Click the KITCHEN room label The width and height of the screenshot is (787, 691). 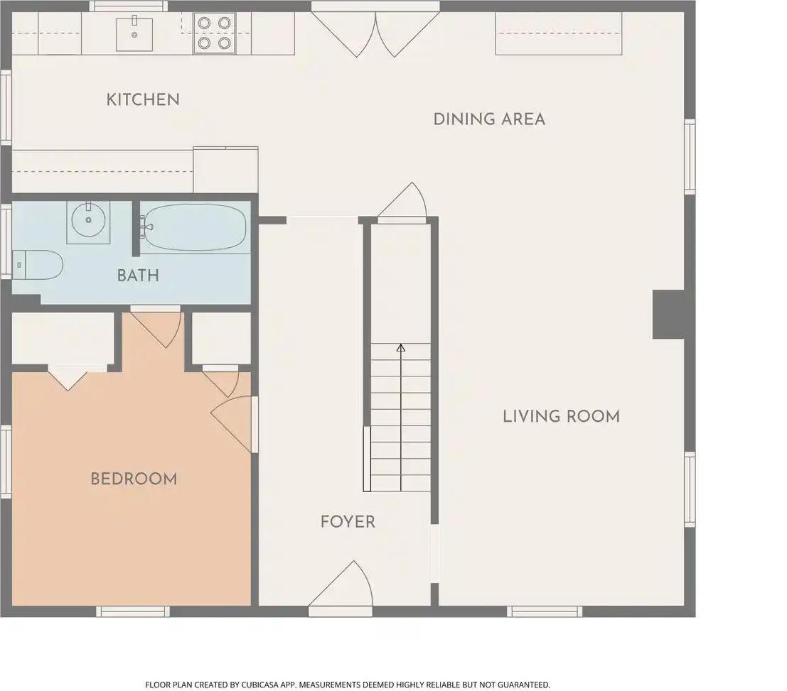click(143, 100)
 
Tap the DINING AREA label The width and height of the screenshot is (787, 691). click(489, 119)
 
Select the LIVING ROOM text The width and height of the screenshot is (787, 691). click(561, 416)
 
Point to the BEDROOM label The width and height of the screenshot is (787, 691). click(134, 479)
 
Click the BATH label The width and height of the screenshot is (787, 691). click(138, 276)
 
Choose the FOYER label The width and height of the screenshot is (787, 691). click(348, 522)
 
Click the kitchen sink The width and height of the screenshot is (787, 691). click(134, 33)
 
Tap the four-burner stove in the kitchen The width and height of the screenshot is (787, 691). click(215, 33)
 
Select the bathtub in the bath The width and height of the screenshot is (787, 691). click(193, 227)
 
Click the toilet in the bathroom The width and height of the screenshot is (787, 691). click(37, 265)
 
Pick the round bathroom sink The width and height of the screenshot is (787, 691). click(88, 220)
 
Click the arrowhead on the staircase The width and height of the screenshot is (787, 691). click(400, 347)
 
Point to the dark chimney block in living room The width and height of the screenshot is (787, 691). click(668, 315)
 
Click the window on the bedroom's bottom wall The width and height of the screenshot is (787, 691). click(133, 611)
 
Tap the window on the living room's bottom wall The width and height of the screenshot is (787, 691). click(545, 611)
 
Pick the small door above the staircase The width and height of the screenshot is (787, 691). click(402, 202)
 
